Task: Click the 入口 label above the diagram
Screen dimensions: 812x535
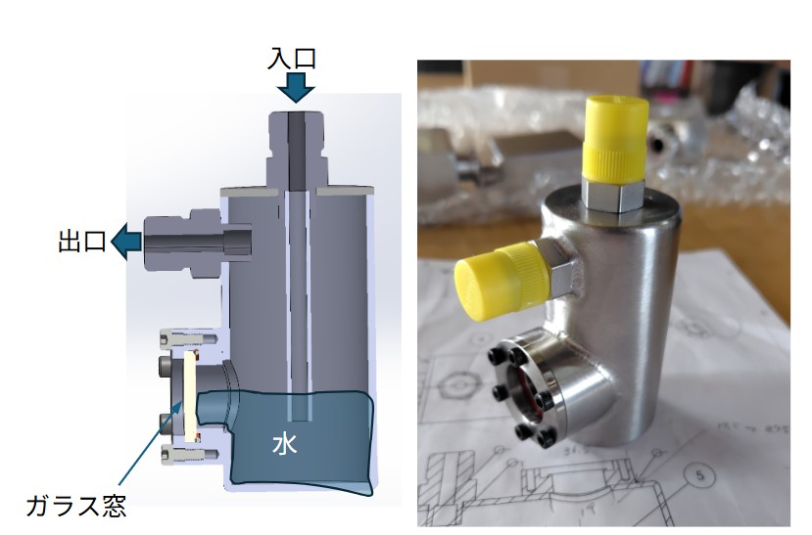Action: pos(292,58)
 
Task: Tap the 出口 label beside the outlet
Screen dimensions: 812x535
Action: pos(82,241)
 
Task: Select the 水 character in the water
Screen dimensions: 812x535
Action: pos(285,444)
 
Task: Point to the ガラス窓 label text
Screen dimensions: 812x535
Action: pos(76,506)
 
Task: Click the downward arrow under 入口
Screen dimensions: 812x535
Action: pos(296,88)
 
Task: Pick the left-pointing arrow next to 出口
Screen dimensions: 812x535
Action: pos(126,242)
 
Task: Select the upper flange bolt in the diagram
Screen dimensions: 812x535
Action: pos(189,338)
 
